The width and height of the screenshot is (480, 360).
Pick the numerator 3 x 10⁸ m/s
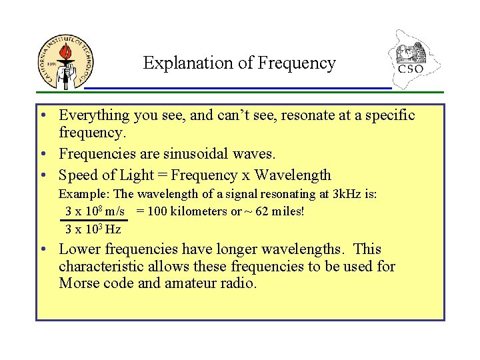pyautogui.click(x=95, y=211)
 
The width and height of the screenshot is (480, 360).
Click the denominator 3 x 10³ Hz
pyautogui.click(x=93, y=229)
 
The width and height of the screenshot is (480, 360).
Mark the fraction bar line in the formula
pyautogui.click(x=95, y=220)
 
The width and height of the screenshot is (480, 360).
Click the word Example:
pyautogui.click(x=85, y=194)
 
